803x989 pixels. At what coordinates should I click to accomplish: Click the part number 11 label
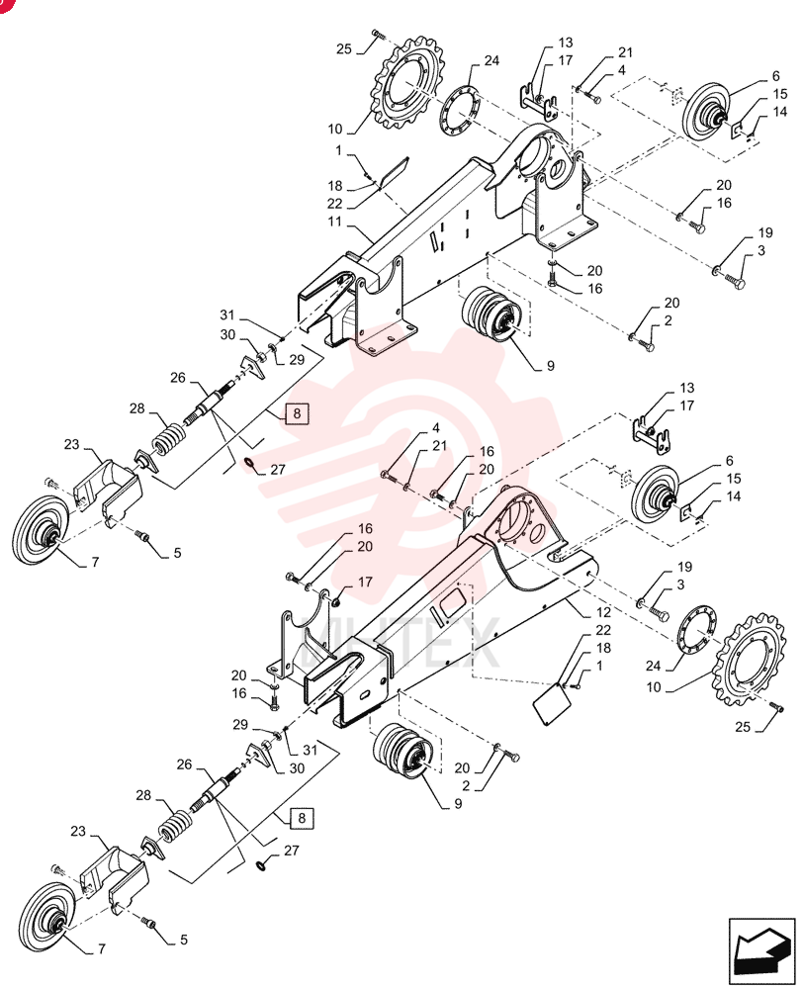coord(334,222)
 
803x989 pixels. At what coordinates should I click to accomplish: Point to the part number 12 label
coord(603,612)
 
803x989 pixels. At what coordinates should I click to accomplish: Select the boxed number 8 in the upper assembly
coord(297,414)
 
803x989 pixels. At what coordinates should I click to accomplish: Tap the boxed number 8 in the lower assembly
coord(302,818)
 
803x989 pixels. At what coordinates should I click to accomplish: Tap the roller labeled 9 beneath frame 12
coord(404,753)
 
